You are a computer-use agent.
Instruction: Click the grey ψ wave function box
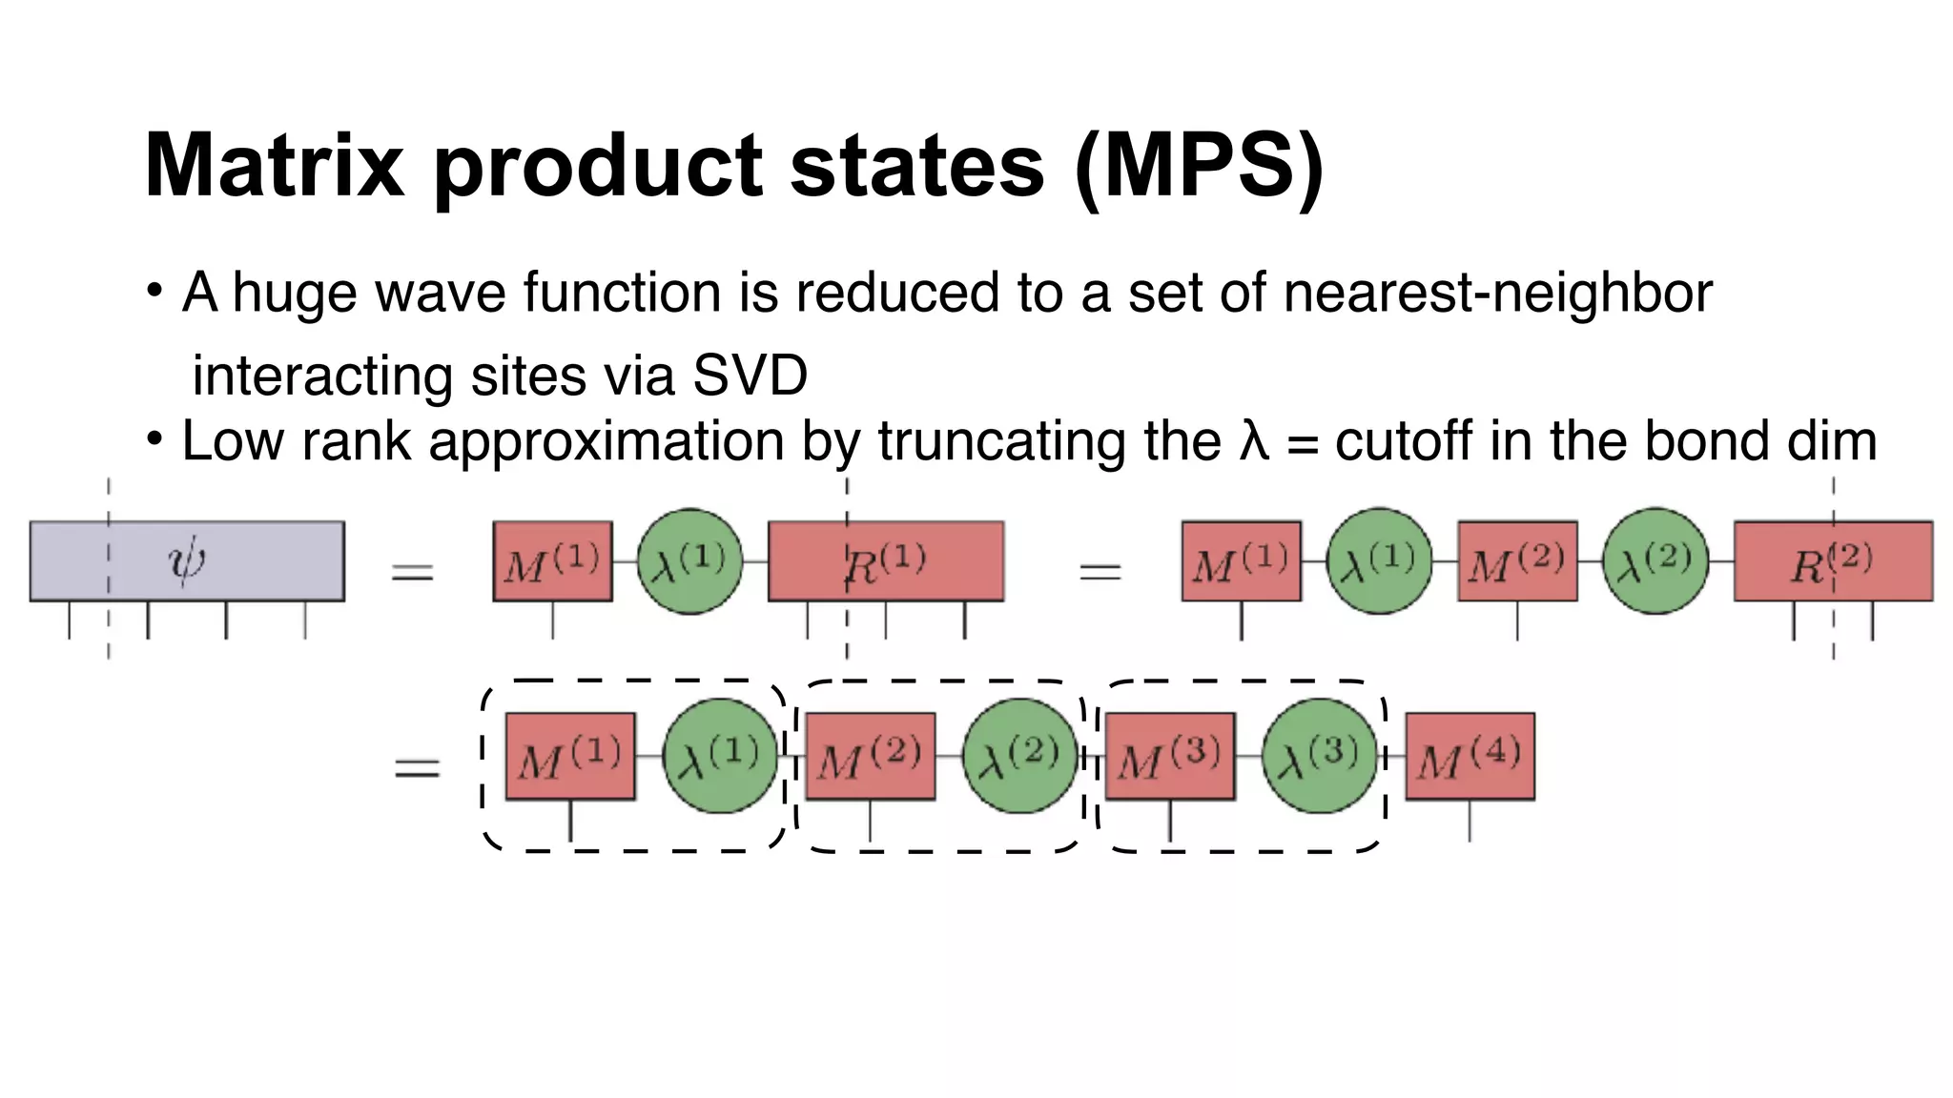click(187, 560)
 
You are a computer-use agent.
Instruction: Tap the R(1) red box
click(886, 560)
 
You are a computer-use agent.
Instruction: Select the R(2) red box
click(1833, 560)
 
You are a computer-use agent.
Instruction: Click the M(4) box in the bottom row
click(1470, 757)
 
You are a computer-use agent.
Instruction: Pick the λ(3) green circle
click(1320, 757)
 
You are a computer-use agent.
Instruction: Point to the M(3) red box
click(1170, 757)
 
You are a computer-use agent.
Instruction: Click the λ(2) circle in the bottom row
click(1020, 757)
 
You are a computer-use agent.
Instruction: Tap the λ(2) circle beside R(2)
click(1655, 560)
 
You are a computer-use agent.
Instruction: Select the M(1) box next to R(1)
click(552, 560)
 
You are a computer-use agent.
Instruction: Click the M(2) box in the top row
click(1517, 560)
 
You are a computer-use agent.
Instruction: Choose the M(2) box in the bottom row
click(870, 757)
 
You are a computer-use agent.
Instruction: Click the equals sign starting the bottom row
click(417, 768)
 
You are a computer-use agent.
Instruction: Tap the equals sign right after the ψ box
click(412, 572)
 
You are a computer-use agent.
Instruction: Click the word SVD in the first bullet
click(750, 375)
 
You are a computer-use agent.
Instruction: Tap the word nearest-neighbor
click(1497, 292)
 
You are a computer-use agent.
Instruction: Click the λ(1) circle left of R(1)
click(689, 560)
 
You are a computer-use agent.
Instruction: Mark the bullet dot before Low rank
click(154, 440)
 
